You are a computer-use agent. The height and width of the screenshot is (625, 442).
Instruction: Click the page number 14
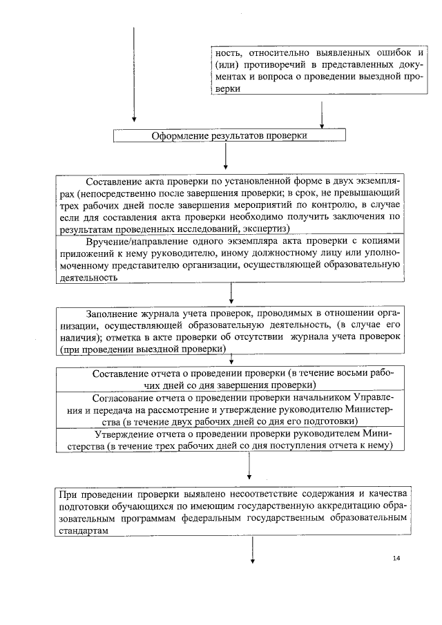396,558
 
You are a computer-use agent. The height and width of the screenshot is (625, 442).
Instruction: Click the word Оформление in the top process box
181,135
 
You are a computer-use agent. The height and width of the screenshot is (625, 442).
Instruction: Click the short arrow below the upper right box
322,113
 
